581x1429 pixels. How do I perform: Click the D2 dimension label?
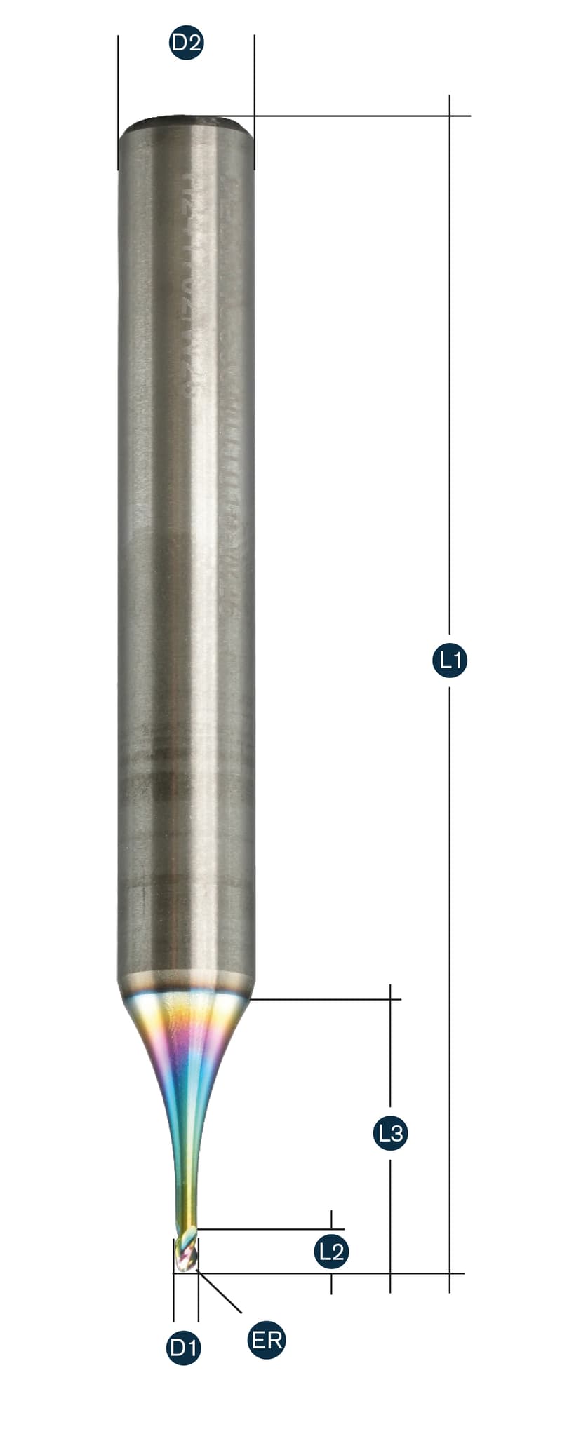(186, 43)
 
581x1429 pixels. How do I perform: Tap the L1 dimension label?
(449, 659)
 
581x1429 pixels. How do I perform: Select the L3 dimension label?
(390, 1132)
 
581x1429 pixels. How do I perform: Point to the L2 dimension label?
(331, 1251)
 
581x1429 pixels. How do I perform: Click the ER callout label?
(267, 1341)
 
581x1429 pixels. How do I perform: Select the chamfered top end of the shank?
(186, 125)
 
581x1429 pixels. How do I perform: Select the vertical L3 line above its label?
(390, 1052)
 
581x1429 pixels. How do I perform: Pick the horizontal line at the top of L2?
(267, 1229)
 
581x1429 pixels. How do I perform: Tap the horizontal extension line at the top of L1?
(351, 116)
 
